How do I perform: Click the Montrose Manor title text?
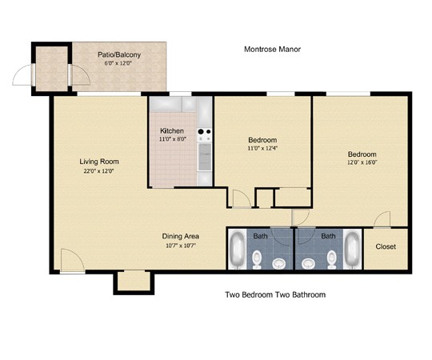(272, 50)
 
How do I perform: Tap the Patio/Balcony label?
(119, 54)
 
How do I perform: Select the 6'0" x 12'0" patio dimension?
(118, 63)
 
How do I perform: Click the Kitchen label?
(172, 130)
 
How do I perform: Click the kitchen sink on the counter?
(205, 157)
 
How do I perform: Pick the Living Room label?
(99, 162)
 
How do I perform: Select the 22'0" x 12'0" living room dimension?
(98, 170)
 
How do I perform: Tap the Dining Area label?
(181, 236)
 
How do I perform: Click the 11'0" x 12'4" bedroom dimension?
(262, 148)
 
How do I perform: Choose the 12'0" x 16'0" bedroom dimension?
(362, 162)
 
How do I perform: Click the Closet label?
(386, 246)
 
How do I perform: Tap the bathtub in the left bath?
(238, 249)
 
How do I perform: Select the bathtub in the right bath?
(352, 250)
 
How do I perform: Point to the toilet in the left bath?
(257, 259)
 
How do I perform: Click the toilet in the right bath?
(332, 259)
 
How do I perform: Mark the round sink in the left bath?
(279, 263)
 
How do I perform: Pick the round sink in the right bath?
(308, 263)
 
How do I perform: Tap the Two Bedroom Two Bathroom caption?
(275, 294)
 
